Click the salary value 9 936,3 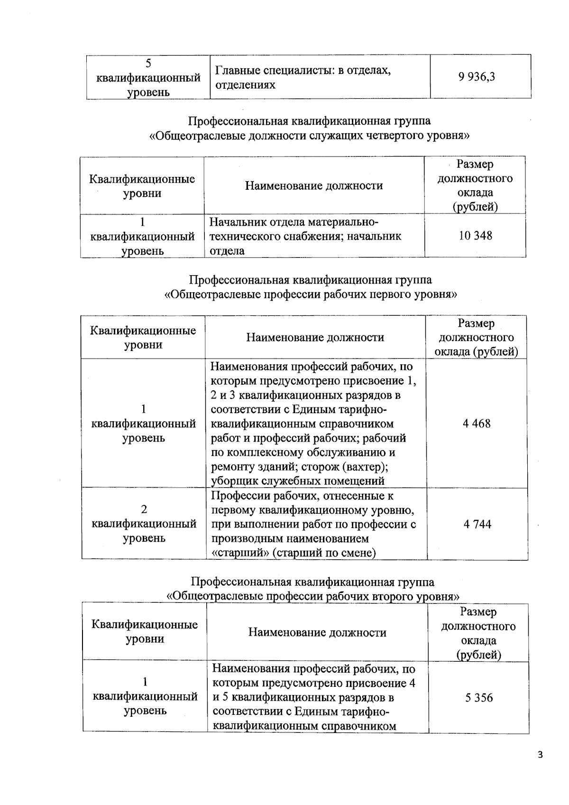477,76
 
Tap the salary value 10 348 475,235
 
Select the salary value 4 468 477,424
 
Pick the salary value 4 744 477,524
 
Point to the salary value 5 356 479,698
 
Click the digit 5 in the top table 148,63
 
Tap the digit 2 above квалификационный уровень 144,509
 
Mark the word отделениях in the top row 245,85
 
